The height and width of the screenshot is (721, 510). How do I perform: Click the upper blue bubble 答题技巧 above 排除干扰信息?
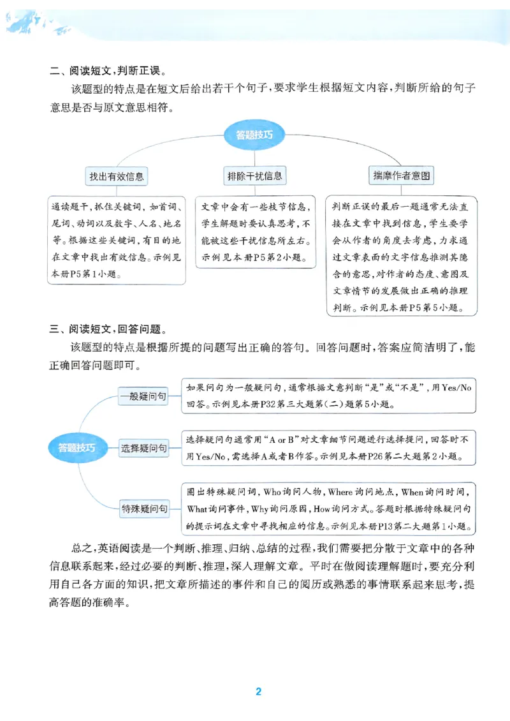point(255,135)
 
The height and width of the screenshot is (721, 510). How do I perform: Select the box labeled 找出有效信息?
point(117,176)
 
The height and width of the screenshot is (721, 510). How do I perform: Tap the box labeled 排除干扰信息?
point(254,175)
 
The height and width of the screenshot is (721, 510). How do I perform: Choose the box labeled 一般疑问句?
point(143,396)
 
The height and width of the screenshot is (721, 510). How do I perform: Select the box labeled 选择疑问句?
point(144,449)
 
